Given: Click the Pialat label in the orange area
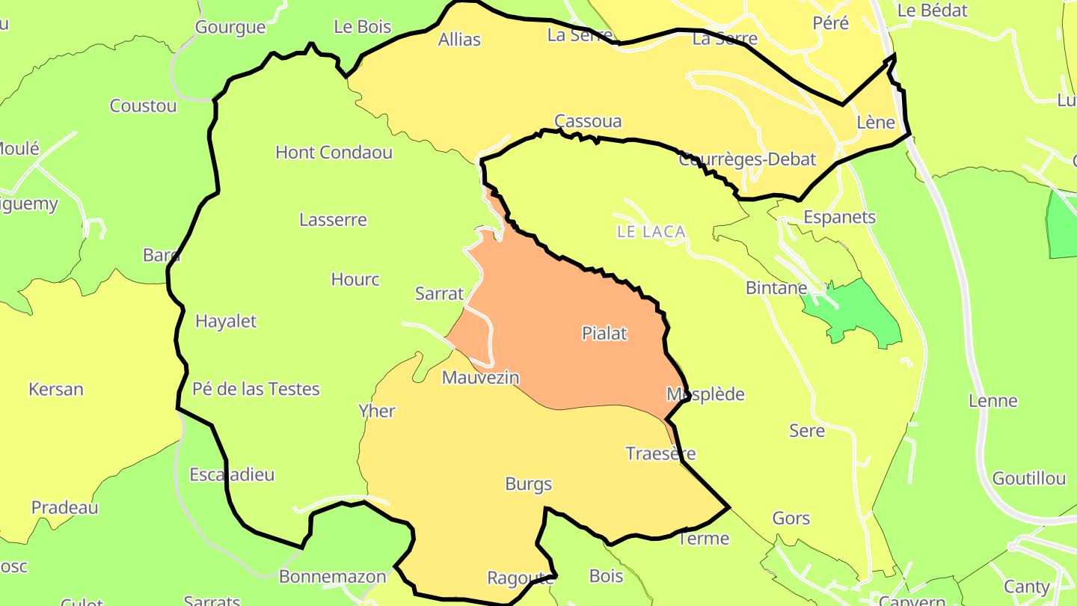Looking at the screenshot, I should (604, 334).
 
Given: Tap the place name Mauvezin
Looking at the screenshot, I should (480, 378).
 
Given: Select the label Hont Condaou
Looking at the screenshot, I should (334, 153).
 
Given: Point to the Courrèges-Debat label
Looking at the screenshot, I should (747, 159).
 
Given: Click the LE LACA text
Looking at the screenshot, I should (651, 232).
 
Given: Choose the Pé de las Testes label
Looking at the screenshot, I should (256, 389).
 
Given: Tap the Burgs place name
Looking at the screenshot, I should (529, 484).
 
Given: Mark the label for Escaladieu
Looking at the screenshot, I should (232, 475).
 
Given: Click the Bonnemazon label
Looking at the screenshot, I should (332, 577).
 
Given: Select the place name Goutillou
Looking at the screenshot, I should (1028, 479).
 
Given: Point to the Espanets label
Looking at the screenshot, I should (839, 218).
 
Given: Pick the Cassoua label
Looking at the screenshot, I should (588, 121).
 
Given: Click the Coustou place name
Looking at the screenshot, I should (143, 106).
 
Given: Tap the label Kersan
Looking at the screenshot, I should (56, 390).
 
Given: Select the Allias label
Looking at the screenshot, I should (459, 40).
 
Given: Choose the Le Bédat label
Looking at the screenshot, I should (932, 10).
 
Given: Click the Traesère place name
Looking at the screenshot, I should (660, 454).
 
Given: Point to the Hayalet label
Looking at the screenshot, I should (226, 322).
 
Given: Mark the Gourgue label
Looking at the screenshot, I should (230, 28).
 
